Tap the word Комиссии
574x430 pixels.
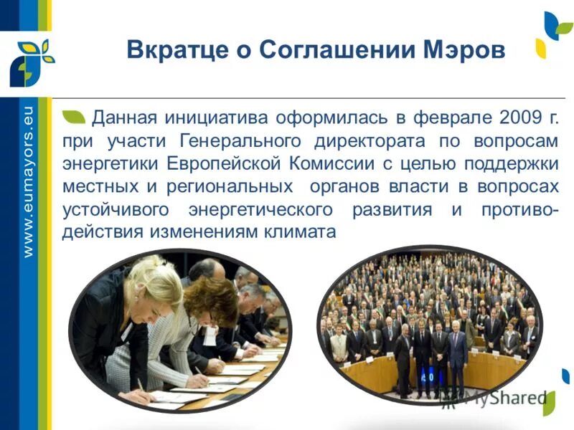click(328, 163)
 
